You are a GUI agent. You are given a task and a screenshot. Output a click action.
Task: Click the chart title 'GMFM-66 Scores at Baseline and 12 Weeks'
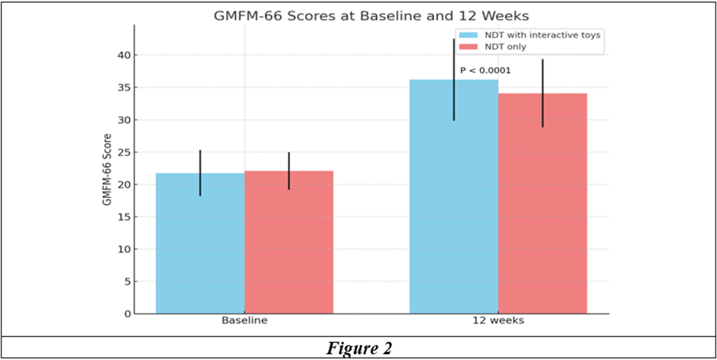[x=371, y=16]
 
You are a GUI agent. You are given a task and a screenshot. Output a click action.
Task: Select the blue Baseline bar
[x=201, y=243]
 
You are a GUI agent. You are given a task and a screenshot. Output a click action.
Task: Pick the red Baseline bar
[x=289, y=243]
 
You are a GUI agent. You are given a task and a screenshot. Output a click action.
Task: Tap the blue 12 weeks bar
[x=454, y=197]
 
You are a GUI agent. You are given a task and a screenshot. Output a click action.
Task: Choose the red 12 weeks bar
[x=543, y=204]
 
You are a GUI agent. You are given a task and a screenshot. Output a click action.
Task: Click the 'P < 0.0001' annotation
[x=485, y=70]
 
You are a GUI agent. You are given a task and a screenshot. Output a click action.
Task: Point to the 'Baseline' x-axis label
[x=245, y=321]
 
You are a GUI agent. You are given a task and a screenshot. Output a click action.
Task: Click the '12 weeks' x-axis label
[x=499, y=321]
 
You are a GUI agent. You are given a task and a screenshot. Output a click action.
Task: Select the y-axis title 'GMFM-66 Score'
[x=107, y=169]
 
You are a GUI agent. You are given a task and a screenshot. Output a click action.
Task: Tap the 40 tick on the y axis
[x=125, y=55]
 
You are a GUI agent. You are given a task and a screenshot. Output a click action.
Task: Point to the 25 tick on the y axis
[x=125, y=152]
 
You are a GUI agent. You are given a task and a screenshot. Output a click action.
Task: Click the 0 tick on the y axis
[x=128, y=314]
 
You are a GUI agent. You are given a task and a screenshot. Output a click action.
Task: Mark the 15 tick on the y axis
[x=125, y=217]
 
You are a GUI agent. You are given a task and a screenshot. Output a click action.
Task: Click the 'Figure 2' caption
[x=358, y=348]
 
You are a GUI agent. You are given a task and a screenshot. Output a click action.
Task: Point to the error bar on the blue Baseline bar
[x=201, y=173]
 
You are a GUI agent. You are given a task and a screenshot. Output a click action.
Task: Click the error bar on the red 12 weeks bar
[x=543, y=93]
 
